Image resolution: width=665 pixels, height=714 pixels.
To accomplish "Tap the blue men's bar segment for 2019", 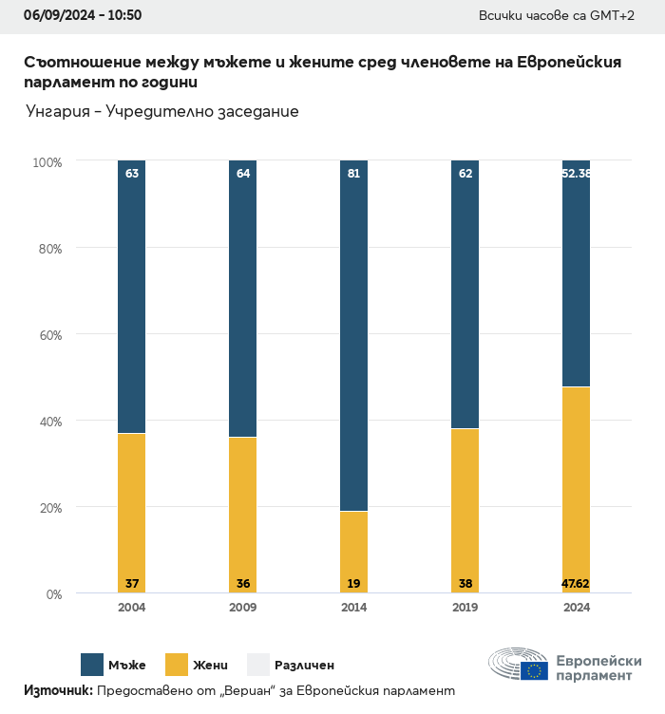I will (x=465, y=294).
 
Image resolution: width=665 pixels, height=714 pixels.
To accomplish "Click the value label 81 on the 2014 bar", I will (x=353, y=174).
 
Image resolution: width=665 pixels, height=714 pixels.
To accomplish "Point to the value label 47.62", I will (x=576, y=583).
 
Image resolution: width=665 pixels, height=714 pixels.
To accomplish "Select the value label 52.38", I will (x=576, y=174).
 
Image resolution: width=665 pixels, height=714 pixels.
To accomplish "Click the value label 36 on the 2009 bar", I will (x=242, y=583).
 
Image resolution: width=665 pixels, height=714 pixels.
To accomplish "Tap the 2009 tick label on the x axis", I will (x=242, y=608).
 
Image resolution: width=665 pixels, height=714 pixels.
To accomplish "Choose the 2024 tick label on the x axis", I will (x=576, y=608).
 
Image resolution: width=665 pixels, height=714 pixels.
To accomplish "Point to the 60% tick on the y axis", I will (x=47, y=335).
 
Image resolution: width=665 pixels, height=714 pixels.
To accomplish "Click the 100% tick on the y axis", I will (x=46, y=162).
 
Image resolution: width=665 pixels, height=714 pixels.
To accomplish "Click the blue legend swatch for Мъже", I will (x=92, y=665).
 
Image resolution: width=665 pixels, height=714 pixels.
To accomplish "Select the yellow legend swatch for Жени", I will (x=178, y=665).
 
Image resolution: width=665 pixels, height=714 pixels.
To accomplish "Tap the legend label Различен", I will (x=304, y=666).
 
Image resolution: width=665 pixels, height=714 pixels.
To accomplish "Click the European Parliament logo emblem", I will (x=519, y=666).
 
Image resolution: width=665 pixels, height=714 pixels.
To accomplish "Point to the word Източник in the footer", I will (x=58, y=691).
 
